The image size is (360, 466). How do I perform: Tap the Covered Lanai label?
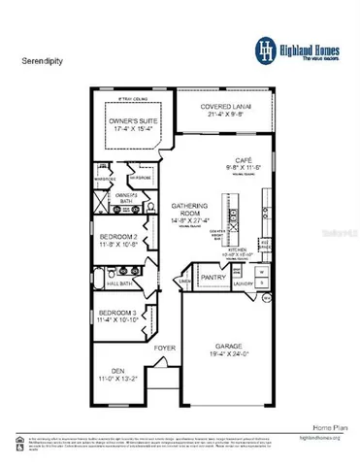(222, 106)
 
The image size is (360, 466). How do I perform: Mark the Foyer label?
(165, 343)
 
